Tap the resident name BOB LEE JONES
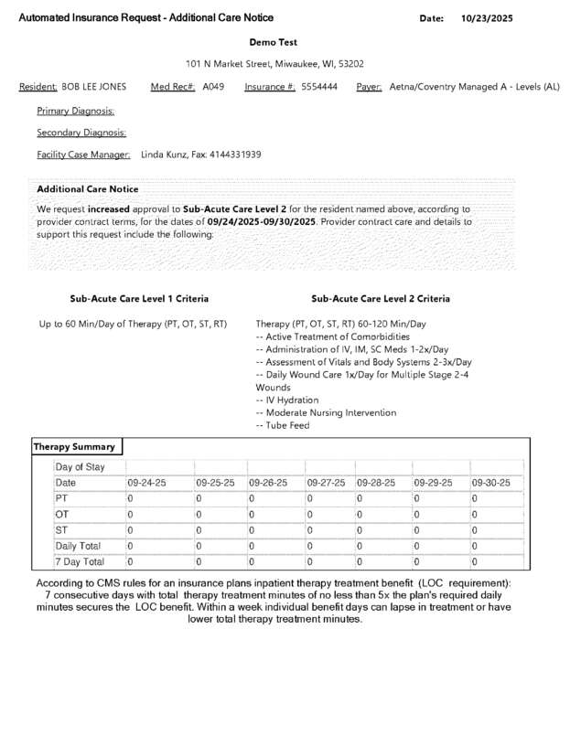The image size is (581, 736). point(94,87)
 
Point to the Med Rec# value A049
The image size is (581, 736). point(213,87)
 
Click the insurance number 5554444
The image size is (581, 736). point(319,87)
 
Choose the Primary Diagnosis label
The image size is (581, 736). point(75,111)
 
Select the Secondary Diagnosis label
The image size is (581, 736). point(81,133)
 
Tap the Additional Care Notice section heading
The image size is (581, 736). point(87,188)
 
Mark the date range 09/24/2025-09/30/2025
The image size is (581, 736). point(261,221)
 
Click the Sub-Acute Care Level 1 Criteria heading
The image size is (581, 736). point(139,299)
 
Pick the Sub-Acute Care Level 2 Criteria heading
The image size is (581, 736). point(381,299)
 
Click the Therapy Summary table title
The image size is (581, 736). point(75,447)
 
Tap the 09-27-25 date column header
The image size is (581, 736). point(326,483)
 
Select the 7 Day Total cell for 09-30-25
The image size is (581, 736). point(475,561)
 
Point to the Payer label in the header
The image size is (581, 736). point(369,87)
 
